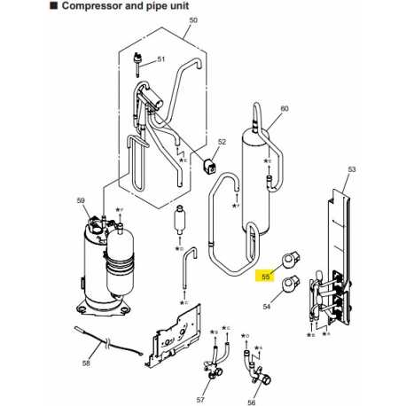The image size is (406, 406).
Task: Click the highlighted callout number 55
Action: click(x=265, y=277)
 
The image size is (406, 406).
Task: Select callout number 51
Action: click(x=161, y=59)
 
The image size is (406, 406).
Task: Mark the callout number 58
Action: click(x=87, y=363)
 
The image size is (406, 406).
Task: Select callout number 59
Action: click(x=81, y=201)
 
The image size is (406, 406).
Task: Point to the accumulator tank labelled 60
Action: click(x=254, y=182)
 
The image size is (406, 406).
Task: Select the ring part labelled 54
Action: click(x=292, y=285)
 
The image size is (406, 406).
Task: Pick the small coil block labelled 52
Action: click(x=211, y=165)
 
